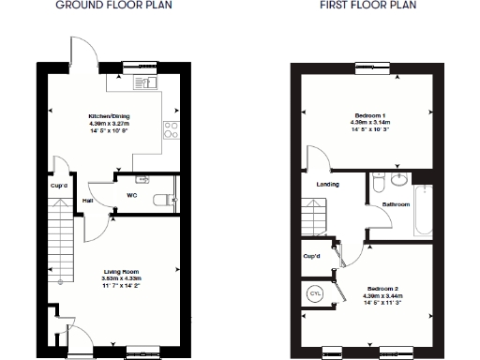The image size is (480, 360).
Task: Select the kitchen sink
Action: [x=142, y=83]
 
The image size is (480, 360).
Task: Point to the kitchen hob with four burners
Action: [x=171, y=130]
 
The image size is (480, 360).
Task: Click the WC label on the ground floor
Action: [x=132, y=196]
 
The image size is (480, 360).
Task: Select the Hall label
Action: [x=86, y=201]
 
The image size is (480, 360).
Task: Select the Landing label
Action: [x=328, y=184]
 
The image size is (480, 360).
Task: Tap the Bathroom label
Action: [x=395, y=203]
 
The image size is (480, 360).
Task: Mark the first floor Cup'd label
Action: [x=311, y=255]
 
